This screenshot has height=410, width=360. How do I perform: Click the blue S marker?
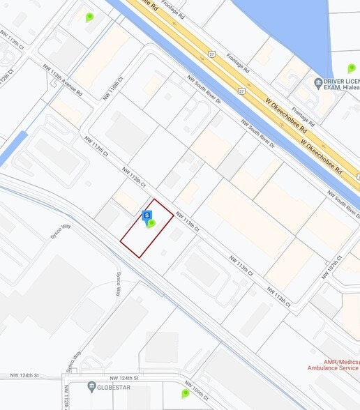click(147, 215)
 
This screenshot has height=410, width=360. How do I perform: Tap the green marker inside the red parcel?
click(151, 224)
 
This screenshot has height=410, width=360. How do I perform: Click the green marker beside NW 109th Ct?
click(185, 393)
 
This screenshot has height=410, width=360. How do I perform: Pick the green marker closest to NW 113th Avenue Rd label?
click(89, 17)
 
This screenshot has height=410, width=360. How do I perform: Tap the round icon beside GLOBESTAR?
click(91, 387)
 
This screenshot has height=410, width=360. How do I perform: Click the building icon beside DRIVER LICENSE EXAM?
click(318, 83)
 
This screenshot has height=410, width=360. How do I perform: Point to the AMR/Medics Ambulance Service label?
click(333, 365)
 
